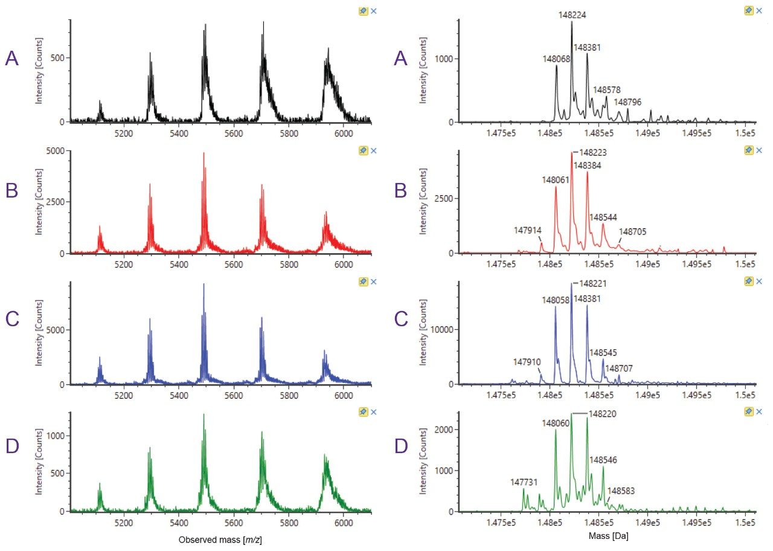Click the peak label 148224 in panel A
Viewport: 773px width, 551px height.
(571, 14)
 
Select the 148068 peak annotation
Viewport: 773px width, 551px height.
(556, 59)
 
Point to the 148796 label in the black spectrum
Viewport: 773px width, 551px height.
(627, 101)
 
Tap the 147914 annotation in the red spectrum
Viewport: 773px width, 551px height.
(527, 230)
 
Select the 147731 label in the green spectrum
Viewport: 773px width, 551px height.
(524, 482)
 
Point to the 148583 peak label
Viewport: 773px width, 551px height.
(620, 491)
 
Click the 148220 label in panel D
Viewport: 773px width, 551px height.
(602, 414)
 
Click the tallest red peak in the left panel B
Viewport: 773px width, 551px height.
(204, 153)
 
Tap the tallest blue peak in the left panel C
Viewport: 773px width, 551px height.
(204, 285)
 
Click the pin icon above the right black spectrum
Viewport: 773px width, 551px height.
(748, 11)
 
